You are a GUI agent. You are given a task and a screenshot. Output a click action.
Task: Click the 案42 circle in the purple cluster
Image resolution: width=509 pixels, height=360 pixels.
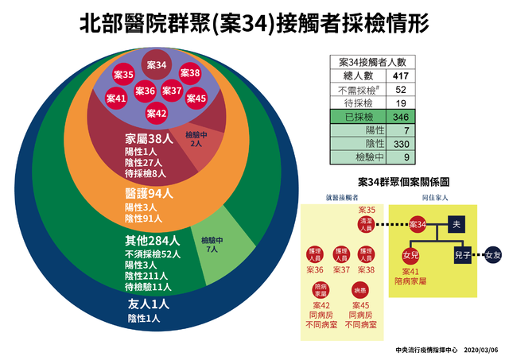(x=157, y=114)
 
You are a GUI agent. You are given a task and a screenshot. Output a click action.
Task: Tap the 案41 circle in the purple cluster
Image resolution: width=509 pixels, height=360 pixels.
(x=116, y=99)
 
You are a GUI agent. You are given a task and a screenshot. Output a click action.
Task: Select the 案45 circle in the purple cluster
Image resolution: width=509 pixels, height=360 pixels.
(x=196, y=99)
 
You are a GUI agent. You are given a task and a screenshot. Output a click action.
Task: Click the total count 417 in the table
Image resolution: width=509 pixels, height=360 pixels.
(x=401, y=75)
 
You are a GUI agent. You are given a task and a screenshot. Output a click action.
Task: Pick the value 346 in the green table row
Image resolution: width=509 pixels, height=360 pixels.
(x=401, y=116)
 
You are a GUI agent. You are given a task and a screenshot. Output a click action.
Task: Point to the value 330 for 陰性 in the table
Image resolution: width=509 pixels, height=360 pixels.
(x=401, y=143)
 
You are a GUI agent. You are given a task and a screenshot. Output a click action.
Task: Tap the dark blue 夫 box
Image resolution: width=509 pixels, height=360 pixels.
(x=457, y=224)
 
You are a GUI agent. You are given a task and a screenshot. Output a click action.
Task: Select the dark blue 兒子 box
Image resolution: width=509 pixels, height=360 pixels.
(x=462, y=255)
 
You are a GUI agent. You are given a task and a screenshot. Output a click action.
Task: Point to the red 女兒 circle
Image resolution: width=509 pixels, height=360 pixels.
(x=411, y=256)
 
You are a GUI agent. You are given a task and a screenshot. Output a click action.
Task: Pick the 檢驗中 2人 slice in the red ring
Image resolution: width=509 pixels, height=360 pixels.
(x=196, y=140)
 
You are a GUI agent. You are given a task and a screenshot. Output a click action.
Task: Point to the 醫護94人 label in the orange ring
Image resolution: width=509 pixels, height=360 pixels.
(x=149, y=193)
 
